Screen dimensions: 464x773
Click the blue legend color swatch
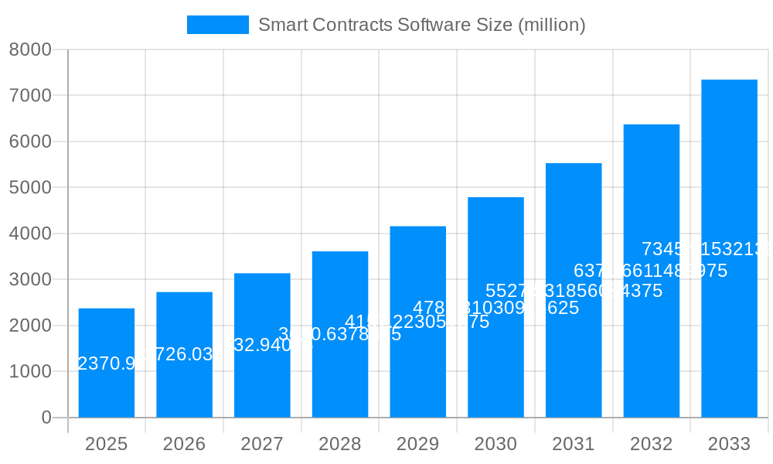click(x=218, y=25)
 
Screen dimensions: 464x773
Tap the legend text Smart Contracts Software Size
click(x=421, y=25)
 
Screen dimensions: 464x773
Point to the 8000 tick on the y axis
click(x=30, y=49)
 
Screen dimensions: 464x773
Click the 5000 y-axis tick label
click(x=30, y=188)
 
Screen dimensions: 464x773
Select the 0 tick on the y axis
click(x=46, y=418)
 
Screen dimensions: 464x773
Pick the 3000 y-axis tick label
click(x=30, y=280)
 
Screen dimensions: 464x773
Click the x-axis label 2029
click(x=417, y=444)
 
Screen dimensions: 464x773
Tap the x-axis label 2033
click(x=729, y=444)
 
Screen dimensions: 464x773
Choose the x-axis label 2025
click(x=107, y=444)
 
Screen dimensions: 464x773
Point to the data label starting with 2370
click(x=107, y=363)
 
